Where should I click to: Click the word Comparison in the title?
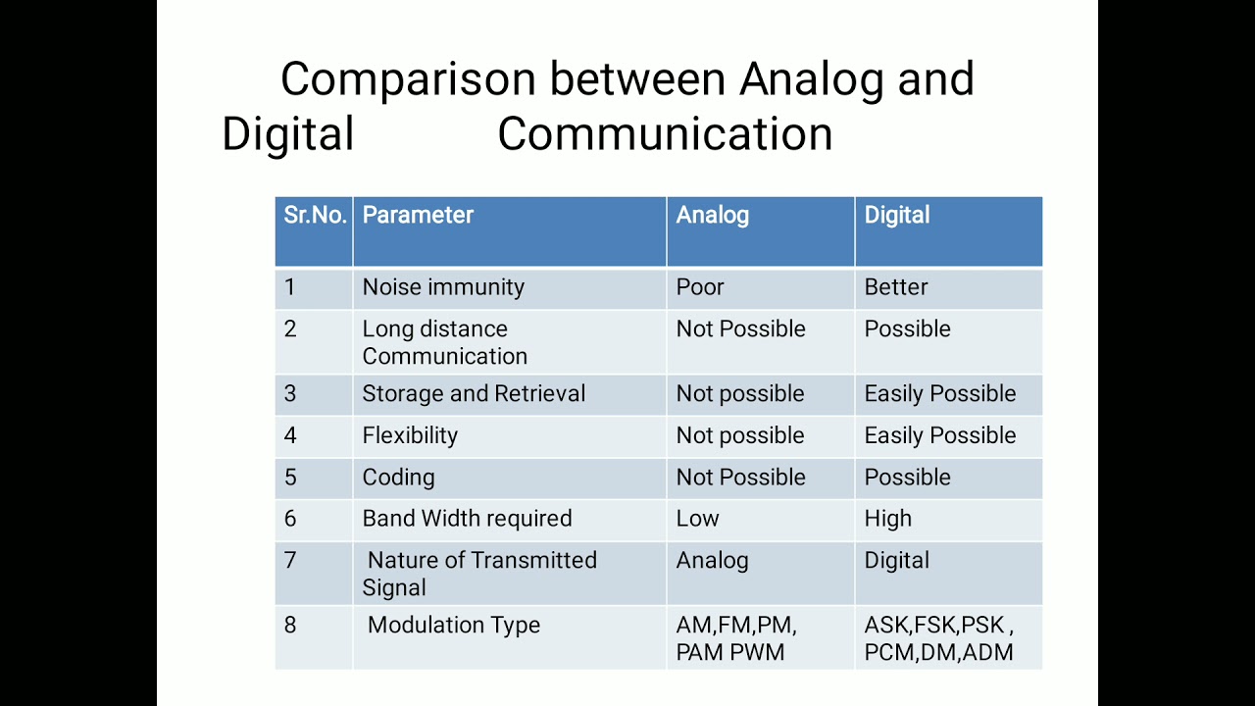[408, 79]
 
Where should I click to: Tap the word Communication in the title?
[665, 134]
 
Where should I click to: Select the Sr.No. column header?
[315, 216]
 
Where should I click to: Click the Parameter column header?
[418, 216]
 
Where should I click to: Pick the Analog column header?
[712, 216]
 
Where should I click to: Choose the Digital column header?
[896, 216]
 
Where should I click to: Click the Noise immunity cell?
[443, 287]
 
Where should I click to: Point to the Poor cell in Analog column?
[700, 287]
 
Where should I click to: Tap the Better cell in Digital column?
[895, 287]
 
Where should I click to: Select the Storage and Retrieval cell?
[474, 394]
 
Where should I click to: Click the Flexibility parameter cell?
[410, 435]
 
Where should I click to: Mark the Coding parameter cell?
[398, 478]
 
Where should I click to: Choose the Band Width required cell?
[467, 519]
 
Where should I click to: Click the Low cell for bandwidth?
[697, 519]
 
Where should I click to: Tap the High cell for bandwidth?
[887, 519]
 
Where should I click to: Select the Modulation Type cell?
[453, 626]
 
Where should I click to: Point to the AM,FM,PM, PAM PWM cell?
[736, 638]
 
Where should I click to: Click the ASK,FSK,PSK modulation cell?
[938, 638]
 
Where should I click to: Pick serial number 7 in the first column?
[290, 561]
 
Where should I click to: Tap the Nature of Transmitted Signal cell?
[479, 574]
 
